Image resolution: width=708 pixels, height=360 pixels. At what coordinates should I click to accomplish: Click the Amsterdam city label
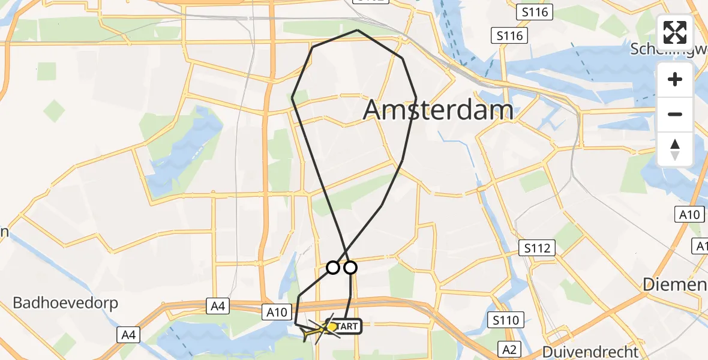point(438,110)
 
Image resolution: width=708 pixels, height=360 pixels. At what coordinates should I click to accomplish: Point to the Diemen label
point(675,285)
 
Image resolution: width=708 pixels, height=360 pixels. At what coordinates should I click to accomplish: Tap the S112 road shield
point(538,248)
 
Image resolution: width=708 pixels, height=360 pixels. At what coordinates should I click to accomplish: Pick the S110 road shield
point(505,320)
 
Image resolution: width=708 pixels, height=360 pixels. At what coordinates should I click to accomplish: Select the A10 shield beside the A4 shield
point(278,311)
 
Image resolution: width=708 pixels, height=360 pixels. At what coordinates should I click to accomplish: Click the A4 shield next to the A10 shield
point(218,307)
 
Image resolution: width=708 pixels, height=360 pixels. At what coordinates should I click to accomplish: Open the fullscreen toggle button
point(675,32)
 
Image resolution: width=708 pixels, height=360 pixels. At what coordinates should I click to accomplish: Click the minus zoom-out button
point(675,114)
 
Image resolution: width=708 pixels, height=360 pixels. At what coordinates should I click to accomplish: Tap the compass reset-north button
point(675,149)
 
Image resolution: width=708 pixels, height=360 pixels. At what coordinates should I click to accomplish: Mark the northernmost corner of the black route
point(358,30)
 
